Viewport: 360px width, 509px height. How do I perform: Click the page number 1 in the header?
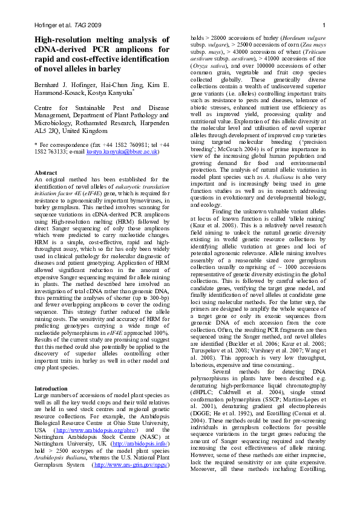pyautogui.click(x=324, y=25)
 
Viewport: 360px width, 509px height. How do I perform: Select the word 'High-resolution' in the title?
pyautogui.click(x=61, y=39)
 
